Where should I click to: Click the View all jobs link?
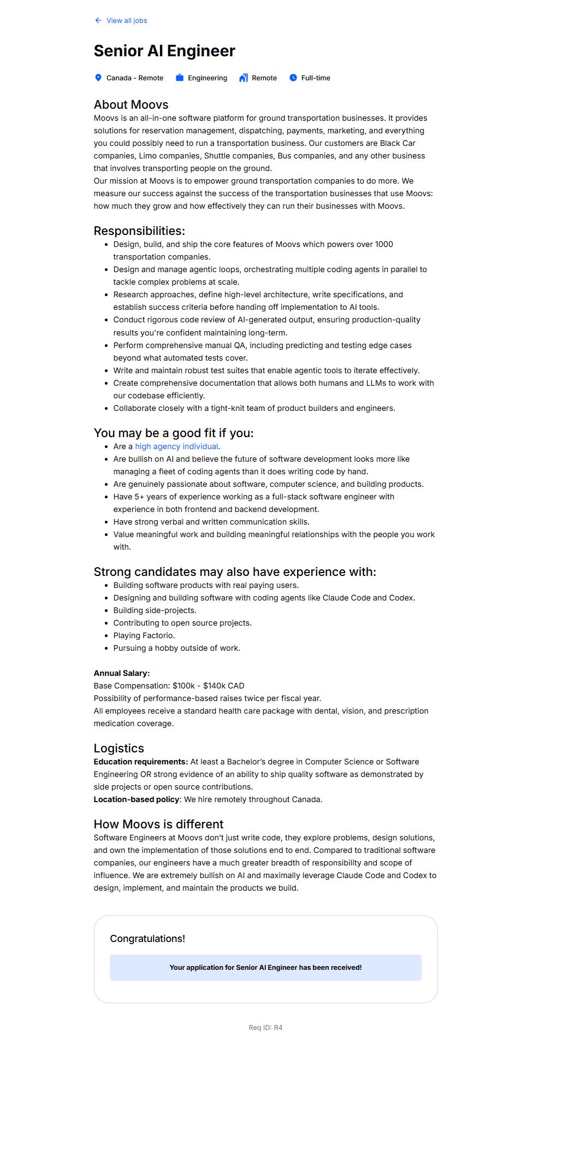coord(126,21)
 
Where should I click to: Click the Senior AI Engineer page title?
coord(164,51)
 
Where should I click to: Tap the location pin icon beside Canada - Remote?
coord(98,78)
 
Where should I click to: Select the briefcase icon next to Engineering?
coord(180,78)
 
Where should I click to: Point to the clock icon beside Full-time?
coord(293,78)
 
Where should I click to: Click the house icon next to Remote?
coord(244,78)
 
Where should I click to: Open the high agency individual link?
coord(176,446)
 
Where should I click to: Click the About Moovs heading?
coord(131,104)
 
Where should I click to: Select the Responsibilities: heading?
coord(139,231)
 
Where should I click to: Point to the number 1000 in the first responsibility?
coord(384,244)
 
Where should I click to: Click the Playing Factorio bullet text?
coord(144,635)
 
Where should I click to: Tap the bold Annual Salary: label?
coord(122,673)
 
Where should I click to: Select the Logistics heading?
coord(119,748)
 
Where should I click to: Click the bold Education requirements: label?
coord(141,762)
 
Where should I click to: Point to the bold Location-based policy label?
coord(137,799)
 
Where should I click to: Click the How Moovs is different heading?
coord(158,824)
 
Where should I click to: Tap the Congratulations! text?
coord(147,939)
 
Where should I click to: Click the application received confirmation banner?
coord(265,968)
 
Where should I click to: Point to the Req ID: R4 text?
coord(265,1028)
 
